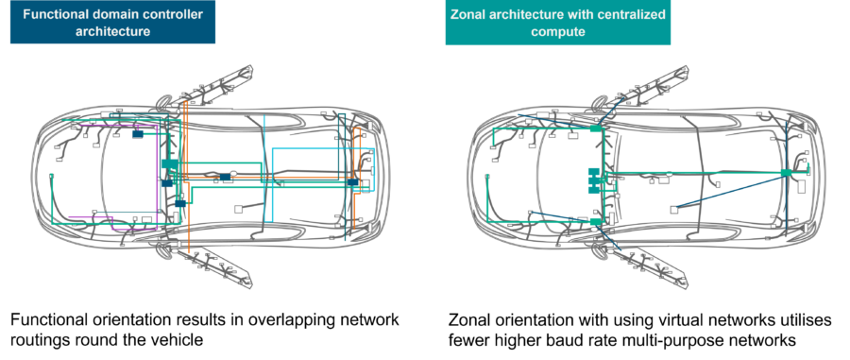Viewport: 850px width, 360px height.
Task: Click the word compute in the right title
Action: (x=558, y=31)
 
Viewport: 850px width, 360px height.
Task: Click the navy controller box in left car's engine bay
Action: (x=138, y=134)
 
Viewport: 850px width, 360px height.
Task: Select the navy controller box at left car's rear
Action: (x=352, y=181)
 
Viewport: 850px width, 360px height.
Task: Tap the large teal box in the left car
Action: (x=170, y=164)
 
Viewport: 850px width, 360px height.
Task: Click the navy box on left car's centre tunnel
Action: (x=226, y=177)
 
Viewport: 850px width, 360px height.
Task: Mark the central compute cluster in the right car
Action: (x=595, y=180)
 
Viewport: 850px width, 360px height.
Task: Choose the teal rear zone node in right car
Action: (x=786, y=173)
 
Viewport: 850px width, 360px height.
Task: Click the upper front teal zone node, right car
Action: (x=596, y=128)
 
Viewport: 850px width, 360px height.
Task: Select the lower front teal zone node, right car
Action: (x=596, y=221)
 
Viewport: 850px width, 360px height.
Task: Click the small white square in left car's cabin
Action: (x=240, y=208)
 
